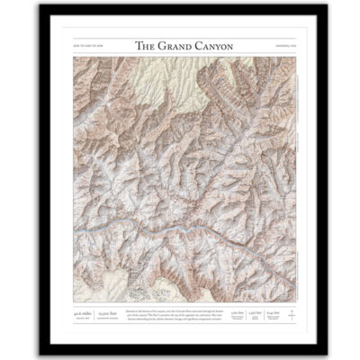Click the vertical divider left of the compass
click(x=278, y=314)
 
